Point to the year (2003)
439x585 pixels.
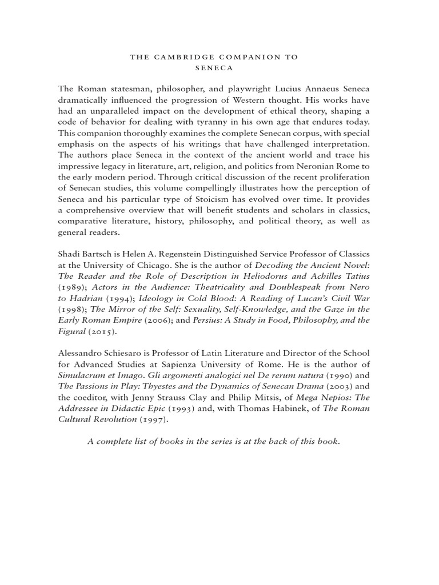(337, 386)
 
